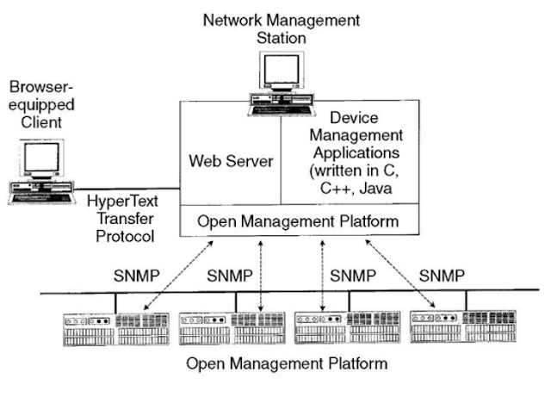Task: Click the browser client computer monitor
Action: pyautogui.click(x=42, y=160)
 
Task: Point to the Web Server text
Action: pyautogui.click(x=230, y=162)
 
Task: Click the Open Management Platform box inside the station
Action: pyautogui.click(x=298, y=221)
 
